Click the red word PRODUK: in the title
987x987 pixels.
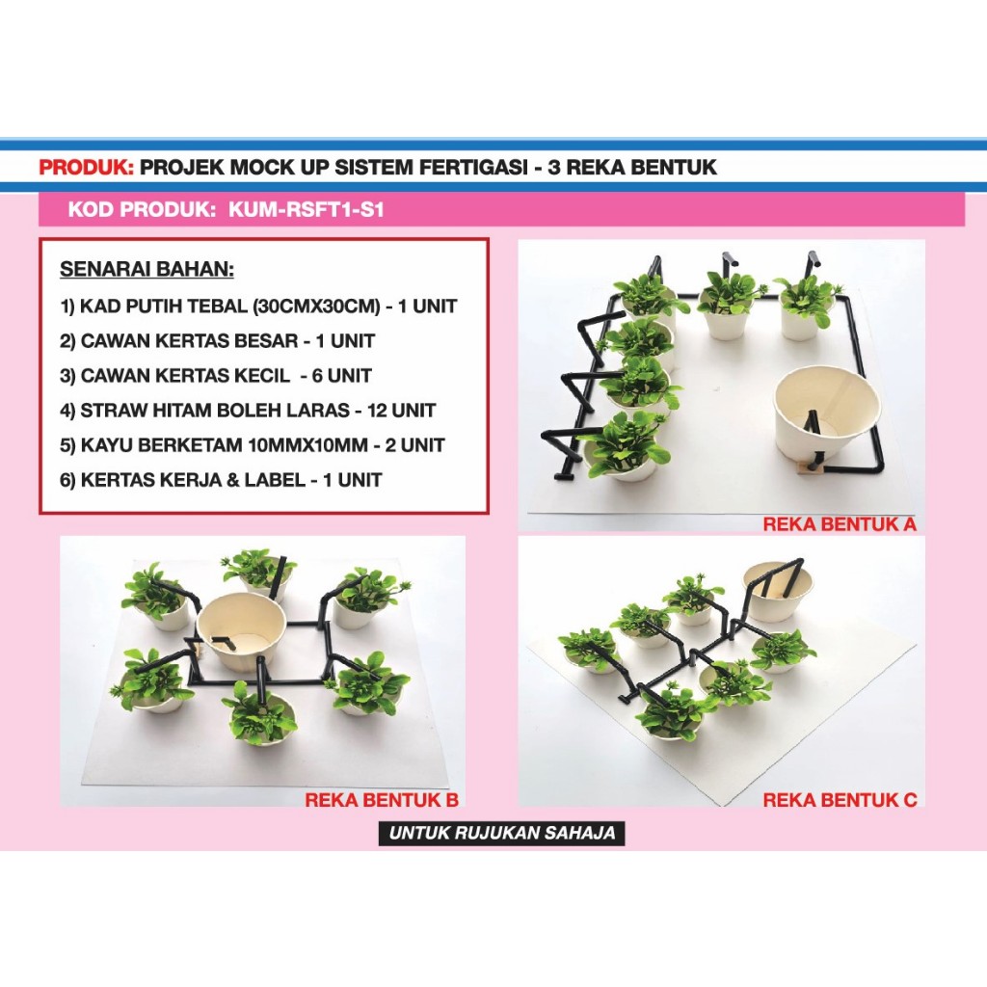(86, 167)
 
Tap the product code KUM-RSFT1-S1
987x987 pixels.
(307, 209)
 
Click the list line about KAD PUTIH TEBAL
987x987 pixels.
(257, 307)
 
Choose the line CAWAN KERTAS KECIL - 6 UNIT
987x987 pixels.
(215, 375)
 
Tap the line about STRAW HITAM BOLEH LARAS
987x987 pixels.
(248, 410)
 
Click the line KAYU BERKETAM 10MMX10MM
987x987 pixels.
(252, 444)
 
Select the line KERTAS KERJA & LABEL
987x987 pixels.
(221, 479)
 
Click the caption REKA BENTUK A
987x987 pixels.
(839, 524)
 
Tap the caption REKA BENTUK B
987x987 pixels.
(381, 799)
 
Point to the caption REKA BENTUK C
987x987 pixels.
(839, 799)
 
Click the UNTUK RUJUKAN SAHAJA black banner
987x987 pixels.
(501, 833)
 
